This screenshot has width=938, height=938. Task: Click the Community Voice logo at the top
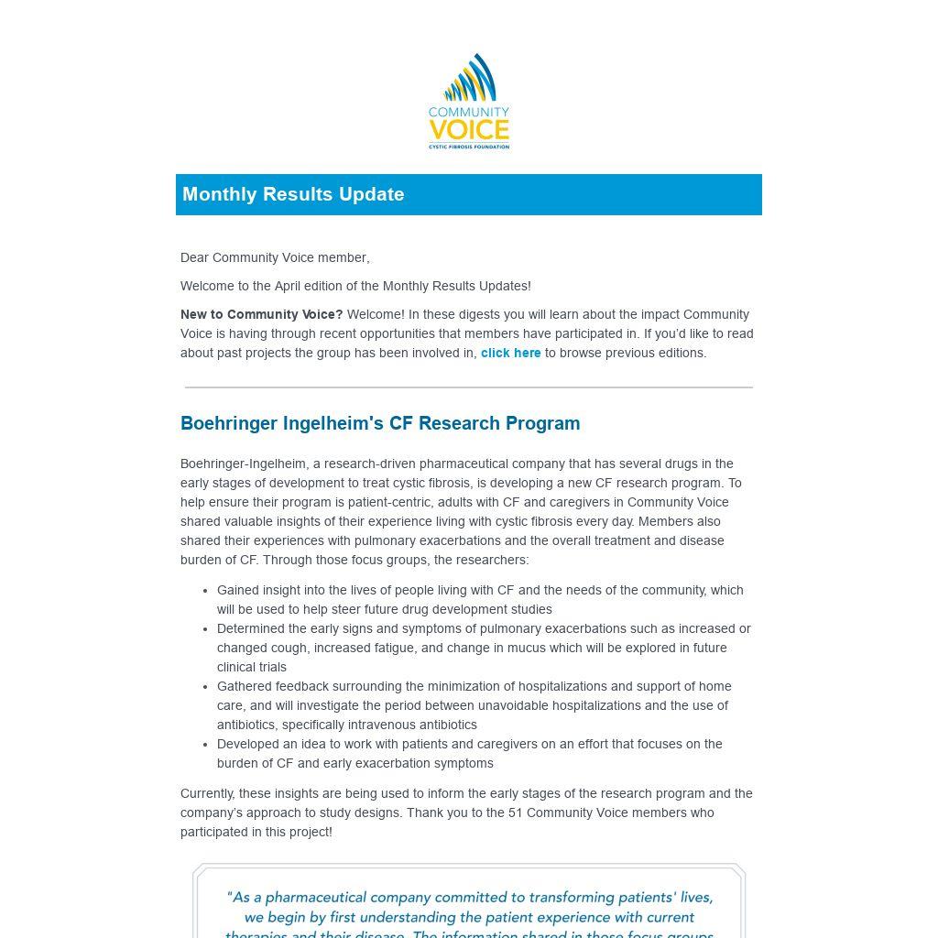click(469, 102)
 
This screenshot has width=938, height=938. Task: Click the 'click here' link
click(510, 354)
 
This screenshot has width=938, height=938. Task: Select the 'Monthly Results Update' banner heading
click(293, 194)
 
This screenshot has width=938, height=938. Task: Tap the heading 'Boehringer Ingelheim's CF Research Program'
click(380, 423)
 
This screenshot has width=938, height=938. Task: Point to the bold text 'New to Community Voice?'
click(261, 315)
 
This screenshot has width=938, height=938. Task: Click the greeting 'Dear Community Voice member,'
click(275, 258)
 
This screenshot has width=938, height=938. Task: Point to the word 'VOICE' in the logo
click(469, 129)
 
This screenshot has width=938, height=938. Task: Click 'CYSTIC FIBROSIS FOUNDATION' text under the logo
click(469, 146)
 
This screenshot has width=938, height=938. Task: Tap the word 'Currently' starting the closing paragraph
click(207, 794)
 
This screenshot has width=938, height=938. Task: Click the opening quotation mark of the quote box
click(230, 898)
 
